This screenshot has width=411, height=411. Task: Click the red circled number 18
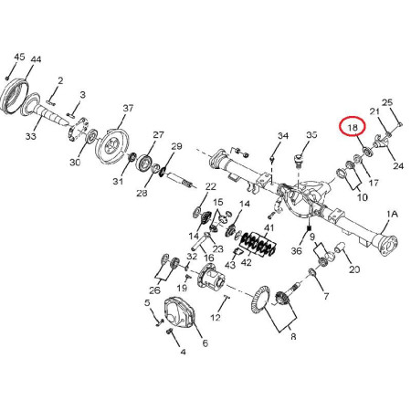click(353, 127)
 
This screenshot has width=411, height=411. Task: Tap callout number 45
click(19, 57)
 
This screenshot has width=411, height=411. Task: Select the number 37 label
click(128, 108)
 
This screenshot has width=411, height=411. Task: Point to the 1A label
click(392, 215)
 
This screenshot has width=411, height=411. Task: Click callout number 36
click(296, 250)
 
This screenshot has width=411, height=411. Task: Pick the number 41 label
click(269, 227)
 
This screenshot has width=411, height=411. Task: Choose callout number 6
click(205, 343)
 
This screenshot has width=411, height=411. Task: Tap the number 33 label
click(30, 136)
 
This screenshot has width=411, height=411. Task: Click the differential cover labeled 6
click(180, 312)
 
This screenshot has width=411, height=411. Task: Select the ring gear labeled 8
click(261, 300)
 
